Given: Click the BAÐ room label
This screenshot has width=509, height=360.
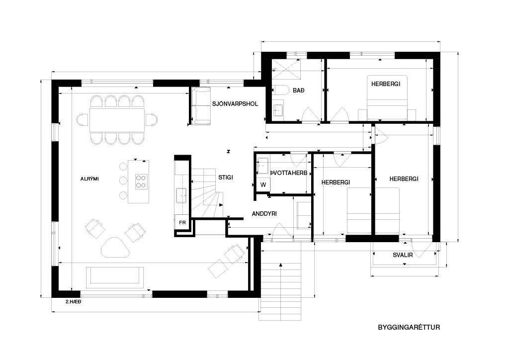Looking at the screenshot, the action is point(299,90).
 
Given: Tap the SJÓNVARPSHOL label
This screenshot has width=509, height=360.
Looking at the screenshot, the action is point(235,104).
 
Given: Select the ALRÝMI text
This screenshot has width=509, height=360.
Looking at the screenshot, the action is point(89,179).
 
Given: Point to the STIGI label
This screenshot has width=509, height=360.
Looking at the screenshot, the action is point(226,178).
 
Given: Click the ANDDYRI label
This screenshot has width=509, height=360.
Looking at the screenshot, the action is point(264,214).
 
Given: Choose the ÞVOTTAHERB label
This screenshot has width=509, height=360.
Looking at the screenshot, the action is point(289,173).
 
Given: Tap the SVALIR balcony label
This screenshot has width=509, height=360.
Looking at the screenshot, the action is point(403,255).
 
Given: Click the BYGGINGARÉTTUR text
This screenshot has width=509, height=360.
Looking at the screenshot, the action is point(409,327).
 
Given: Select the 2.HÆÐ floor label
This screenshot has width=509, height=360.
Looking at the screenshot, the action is point(74,302).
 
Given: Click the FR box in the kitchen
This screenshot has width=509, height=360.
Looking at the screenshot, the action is point(182,222).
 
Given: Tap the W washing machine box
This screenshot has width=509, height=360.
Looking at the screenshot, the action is point(263,185).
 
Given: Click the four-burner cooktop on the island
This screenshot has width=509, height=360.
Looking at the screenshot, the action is point(141,181).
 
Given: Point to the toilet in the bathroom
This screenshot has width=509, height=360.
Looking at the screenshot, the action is point(280,90).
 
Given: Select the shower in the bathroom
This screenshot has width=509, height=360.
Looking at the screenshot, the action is point(286,69).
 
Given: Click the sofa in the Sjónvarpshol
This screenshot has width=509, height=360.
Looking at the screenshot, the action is point(201,106).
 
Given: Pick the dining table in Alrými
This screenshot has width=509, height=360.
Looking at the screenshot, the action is point(117,120).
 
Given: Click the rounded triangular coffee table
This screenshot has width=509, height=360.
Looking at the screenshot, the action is point(115,247).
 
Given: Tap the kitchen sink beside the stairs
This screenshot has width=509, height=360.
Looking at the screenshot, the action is point(181,195).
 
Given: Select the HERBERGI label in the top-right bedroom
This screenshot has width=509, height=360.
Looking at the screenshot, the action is point(386,84).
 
